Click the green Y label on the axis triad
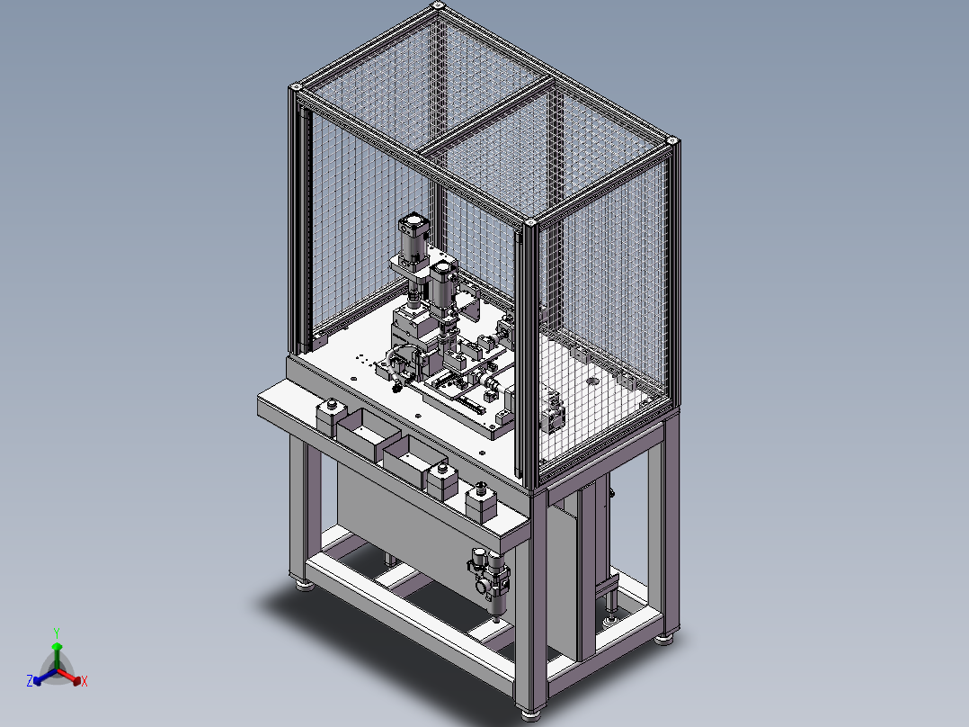click(57, 633)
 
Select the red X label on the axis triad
click(84, 681)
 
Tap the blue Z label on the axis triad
click(30, 680)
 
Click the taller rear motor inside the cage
click(413, 241)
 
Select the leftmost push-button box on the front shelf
click(331, 417)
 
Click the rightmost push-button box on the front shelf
click(482, 502)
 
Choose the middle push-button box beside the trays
click(442, 480)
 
